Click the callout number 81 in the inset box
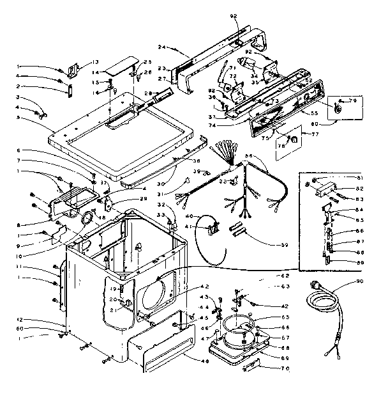pos(360,177)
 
